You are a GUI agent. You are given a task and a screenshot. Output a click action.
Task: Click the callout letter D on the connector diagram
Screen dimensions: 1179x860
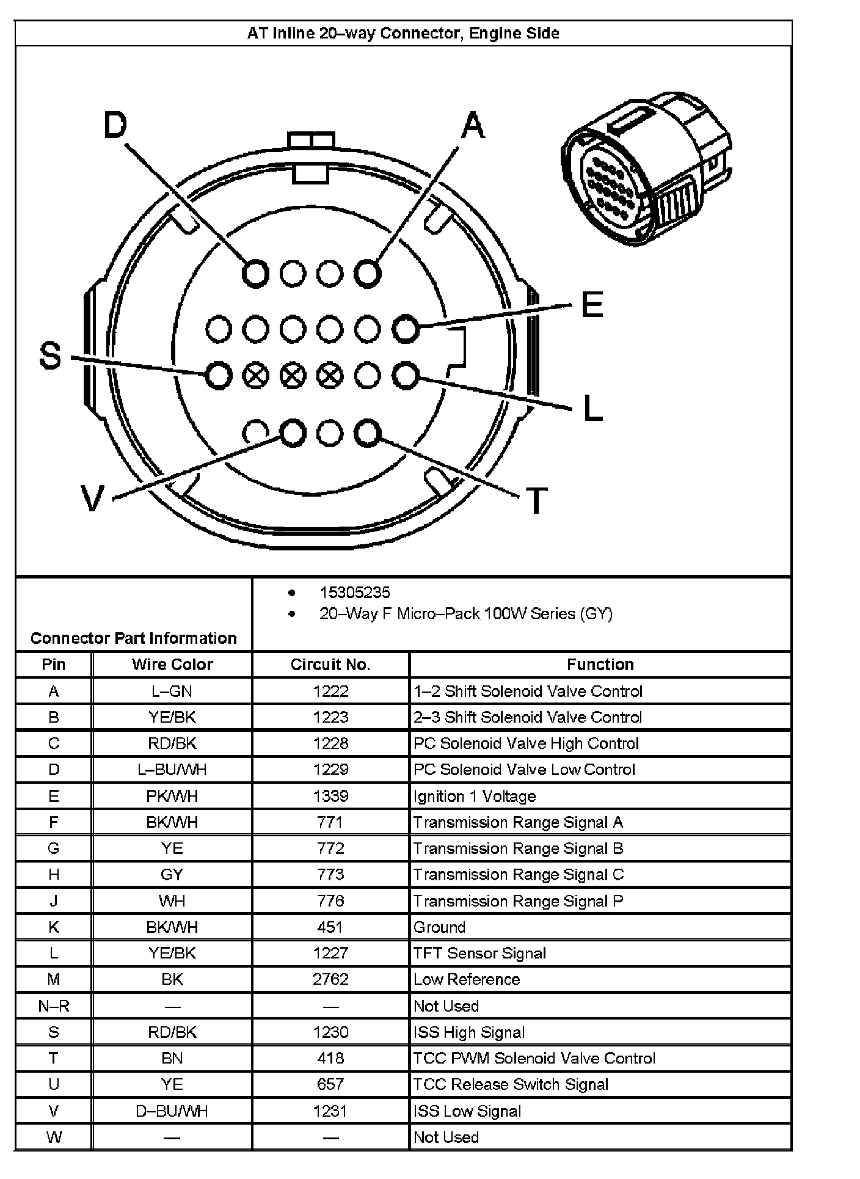[115, 126]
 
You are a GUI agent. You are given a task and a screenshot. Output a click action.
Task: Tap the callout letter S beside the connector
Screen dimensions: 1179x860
[50, 356]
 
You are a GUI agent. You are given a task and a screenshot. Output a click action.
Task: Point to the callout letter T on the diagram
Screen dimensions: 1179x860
[536, 501]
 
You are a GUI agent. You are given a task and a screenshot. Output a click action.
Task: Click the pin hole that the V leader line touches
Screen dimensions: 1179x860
[293, 433]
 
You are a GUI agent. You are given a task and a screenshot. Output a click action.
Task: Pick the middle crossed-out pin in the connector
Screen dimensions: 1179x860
[293, 376]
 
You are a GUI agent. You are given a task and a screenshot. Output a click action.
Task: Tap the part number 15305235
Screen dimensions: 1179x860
[355, 593]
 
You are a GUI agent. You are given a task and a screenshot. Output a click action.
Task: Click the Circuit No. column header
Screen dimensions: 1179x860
[330, 665]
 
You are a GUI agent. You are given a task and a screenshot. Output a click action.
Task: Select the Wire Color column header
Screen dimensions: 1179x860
[172, 665]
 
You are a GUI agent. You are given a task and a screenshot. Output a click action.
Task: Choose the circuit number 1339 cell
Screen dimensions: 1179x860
[330, 796]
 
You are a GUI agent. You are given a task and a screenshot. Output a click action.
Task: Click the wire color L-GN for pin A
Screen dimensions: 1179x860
[172, 691]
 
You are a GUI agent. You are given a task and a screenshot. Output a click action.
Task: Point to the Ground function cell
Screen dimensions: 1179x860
[440, 927]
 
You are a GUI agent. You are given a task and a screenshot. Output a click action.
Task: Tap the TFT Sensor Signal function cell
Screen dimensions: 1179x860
[479, 954]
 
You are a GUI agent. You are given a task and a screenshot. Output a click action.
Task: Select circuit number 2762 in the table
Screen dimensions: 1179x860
[330, 979]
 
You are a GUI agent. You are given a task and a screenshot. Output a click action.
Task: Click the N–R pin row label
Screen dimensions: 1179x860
[54, 1006]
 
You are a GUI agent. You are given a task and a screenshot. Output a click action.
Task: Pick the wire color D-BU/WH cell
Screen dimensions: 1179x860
[172, 1111]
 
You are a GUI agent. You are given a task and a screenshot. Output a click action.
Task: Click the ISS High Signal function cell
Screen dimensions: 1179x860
[469, 1032]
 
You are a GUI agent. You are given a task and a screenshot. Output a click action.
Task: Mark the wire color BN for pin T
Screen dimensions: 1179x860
[172, 1059]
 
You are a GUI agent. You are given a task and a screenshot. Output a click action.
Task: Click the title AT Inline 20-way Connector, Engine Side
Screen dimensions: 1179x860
[403, 33]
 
